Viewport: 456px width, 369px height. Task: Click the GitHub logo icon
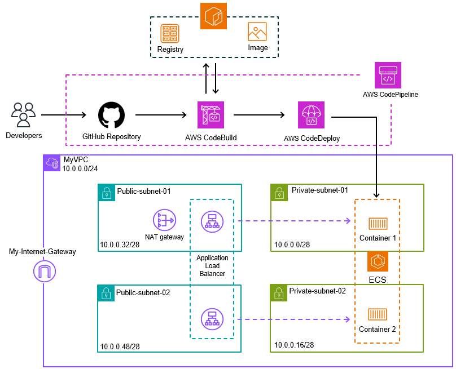coord(111,115)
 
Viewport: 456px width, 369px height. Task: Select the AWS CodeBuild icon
coord(211,115)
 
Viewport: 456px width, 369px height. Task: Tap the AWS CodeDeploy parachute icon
coord(311,115)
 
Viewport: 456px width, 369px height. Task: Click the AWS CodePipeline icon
coord(388,75)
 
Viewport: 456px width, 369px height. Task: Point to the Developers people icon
coord(23,115)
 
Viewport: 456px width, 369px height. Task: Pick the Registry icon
coord(170,33)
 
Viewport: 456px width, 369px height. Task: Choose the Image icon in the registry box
coord(257,32)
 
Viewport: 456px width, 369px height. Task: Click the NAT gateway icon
coord(165,220)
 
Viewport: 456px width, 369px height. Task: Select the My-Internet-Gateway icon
coord(45,271)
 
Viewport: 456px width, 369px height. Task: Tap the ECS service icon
coord(378,261)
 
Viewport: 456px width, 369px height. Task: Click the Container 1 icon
coord(378,224)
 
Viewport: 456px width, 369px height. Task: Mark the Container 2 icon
coord(378,314)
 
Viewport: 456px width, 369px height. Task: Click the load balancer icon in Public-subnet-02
coord(212,319)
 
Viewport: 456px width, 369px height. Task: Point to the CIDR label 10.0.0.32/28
coord(120,244)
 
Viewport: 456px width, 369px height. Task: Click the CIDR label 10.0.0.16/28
coord(294,345)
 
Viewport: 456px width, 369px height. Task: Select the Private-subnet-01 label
coord(320,190)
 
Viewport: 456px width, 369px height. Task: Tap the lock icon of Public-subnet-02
coord(106,293)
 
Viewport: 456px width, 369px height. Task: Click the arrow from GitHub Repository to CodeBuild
coord(161,115)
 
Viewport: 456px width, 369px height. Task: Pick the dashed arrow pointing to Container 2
coord(294,319)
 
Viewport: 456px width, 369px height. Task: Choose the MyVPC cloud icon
coord(52,163)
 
